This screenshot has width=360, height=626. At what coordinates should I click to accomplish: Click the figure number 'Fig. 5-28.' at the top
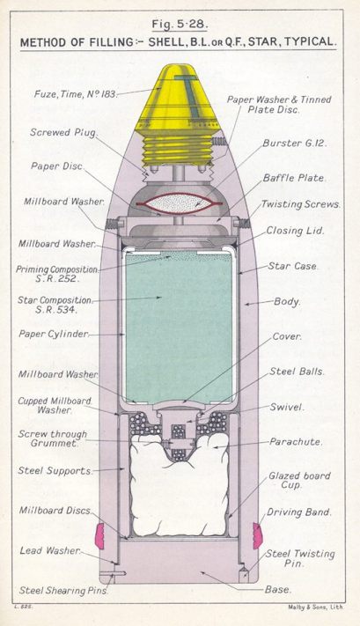point(179,24)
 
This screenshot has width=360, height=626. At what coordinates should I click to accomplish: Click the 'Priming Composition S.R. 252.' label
point(57,274)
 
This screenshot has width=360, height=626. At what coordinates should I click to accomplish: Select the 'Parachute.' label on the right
point(295,442)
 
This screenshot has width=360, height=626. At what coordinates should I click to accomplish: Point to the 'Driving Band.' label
point(299,512)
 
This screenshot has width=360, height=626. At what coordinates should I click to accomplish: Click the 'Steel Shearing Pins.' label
point(63,591)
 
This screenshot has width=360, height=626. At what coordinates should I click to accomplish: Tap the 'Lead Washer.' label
point(49,551)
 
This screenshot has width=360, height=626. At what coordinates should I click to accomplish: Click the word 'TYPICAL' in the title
point(307,42)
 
